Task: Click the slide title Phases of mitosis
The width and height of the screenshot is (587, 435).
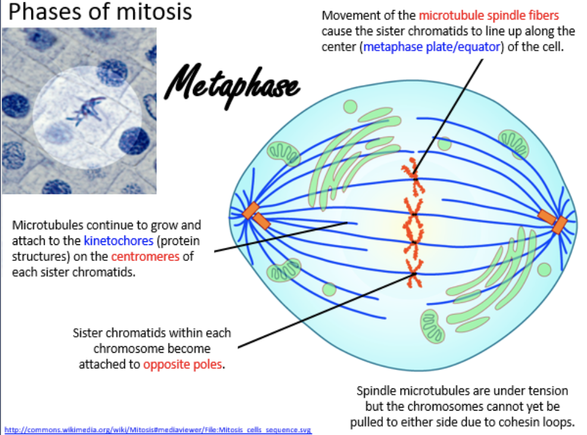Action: click(100, 12)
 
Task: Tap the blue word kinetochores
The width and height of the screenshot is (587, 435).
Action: click(118, 241)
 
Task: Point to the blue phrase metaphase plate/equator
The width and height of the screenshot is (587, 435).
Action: click(431, 47)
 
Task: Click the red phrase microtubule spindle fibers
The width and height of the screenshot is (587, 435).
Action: click(489, 15)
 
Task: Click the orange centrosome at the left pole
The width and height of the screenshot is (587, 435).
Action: click(255, 215)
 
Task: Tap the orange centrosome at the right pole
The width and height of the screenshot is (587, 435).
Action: click(554, 220)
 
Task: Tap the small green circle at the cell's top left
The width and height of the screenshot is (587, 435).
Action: click(350, 107)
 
